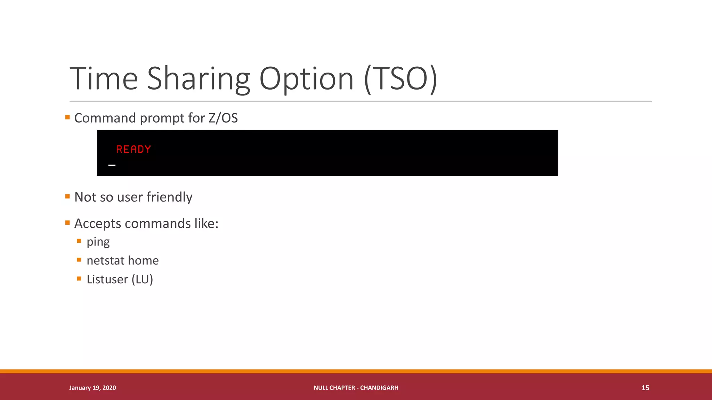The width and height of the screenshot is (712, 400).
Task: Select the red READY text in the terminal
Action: click(133, 149)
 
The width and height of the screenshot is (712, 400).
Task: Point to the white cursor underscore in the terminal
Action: click(112, 166)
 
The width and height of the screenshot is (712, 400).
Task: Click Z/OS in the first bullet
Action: click(223, 118)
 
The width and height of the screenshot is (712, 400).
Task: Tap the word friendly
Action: click(169, 197)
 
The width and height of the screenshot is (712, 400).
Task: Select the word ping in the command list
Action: click(98, 242)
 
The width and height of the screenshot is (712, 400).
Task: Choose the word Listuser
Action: click(107, 279)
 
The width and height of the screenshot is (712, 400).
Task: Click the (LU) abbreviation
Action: click(142, 279)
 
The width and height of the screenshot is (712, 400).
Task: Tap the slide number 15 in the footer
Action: click(645, 388)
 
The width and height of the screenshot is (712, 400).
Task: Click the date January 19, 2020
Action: click(92, 388)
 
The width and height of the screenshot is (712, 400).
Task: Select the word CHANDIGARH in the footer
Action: click(379, 388)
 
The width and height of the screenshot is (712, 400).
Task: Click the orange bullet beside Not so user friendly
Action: click(67, 197)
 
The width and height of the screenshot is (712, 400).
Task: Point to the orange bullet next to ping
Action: click(79, 241)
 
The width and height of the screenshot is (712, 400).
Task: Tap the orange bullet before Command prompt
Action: click(67, 117)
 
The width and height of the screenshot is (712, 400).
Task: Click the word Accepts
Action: click(98, 224)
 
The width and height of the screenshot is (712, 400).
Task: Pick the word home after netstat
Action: click(143, 260)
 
